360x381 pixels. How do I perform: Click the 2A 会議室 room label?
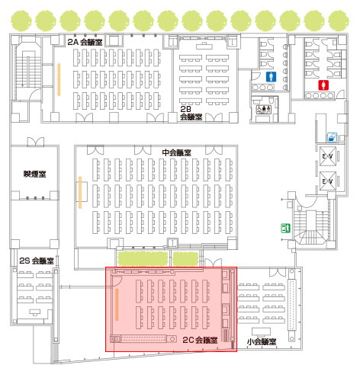85,42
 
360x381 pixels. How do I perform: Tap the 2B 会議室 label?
191,113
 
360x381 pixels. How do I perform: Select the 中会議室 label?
176,152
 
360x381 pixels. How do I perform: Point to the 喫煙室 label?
35,174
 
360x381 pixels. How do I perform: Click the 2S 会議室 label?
37,261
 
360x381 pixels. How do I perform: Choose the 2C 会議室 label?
200,340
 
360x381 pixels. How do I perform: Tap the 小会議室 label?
262,341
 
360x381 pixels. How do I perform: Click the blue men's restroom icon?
272,77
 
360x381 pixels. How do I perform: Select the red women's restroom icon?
323,85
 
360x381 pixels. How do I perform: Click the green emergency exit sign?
285,228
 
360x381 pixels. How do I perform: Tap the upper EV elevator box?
328,156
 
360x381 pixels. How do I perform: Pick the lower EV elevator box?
328,181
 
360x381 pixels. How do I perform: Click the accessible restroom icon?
264,109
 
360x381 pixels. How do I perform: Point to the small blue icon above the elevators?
332,137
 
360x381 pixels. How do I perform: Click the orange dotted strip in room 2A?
59,79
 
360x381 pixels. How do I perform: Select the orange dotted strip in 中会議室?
80,193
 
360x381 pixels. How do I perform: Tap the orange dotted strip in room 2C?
117,304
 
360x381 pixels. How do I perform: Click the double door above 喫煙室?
36,142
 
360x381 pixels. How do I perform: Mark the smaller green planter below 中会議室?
185,258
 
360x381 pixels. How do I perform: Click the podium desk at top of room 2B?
204,46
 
